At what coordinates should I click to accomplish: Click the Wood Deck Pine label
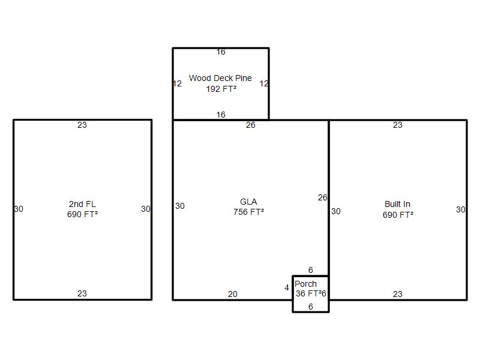pyautogui.click(x=220, y=78)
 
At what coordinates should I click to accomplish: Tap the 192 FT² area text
pyautogui.click(x=221, y=89)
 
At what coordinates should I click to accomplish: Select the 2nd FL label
pyautogui.click(x=82, y=204)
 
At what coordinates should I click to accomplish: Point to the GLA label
pyautogui.click(x=248, y=202)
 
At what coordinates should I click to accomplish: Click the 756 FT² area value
pyautogui.click(x=248, y=212)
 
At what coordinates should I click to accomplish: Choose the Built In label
pyautogui.click(x=397, y=204)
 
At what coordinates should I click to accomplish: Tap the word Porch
pyautogui.click(x=305, y=284)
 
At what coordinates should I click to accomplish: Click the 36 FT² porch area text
pyautogui.click(x=308, y=293)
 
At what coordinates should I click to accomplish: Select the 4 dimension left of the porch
pyautogui.click(x=287, y=288)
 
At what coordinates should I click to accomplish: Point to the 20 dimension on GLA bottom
pyautogui.click(x=233, y=294)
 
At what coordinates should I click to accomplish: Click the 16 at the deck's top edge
pyautogui.click(x=221, y=52)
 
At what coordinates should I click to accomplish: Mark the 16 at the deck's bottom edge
pyautogui.click(x=221, y=115)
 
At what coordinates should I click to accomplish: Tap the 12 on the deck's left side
pyautogui.click(x=177, y=83)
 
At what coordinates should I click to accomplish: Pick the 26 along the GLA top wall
pyautogui.click(x=251, y=125)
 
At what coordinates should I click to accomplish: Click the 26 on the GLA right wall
pyautogui.click(x=323, y=198)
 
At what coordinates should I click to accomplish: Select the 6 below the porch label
pyautogui.click(x=311, y=307)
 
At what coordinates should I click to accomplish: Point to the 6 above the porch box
pyautogui.click(x=311, y=270)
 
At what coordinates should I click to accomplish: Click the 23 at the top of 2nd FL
pyautogui.click(x=82, y=125)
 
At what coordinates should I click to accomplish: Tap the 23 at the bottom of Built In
pyautogui.click(x=398, y=294)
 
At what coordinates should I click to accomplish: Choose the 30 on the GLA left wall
pyautogui.click(x=180, y=206)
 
